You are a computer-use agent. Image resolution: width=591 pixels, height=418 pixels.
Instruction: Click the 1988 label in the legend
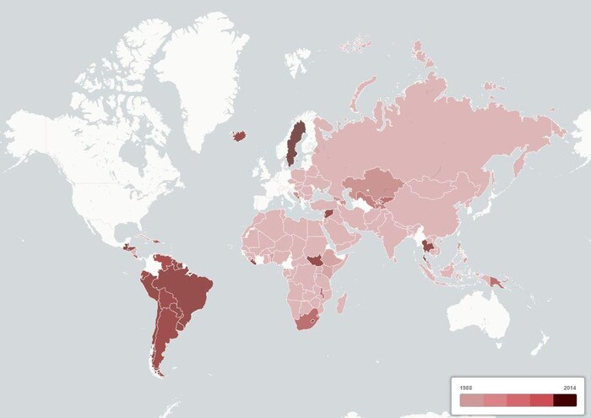[466, 388]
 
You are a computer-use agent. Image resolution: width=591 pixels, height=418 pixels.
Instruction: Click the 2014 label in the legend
[570, 388]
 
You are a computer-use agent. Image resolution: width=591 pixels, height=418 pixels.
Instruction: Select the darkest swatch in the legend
[565, 399]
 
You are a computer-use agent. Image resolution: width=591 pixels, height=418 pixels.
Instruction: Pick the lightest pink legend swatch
[471, 399]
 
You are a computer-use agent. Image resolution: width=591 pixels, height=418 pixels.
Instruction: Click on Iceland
[239, 135]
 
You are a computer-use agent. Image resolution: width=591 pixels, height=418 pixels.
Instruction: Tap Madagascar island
[341, 301]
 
